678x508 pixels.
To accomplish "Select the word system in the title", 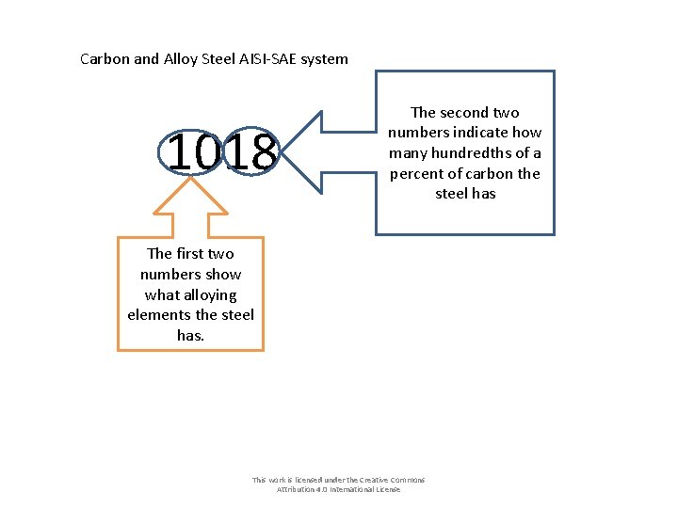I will coord(324,59).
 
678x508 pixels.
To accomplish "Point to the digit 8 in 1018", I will coord(263,152).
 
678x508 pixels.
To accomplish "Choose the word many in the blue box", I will coord(408,153).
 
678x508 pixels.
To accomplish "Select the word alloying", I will coord(191,294).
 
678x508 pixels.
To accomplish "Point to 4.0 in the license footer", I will coord(325,490).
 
